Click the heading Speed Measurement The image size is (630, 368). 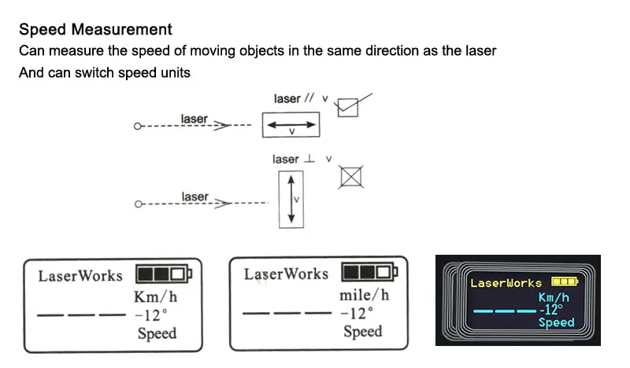(x=95, y=30)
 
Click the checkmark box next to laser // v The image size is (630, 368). (x=347, y=107)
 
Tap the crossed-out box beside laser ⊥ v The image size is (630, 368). (x=351, y=177)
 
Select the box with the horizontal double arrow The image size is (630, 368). (x=291, y=126)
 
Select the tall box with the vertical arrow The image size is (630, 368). (x=291, y=200)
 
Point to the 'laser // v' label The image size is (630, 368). (x=300, y=99)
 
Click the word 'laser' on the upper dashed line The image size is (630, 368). (x=195, y=119)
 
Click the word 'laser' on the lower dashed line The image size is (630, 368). (x=195, y=197)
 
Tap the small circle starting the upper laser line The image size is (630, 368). (x=138, y=126)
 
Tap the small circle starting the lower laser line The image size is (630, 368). (x=138, y=204)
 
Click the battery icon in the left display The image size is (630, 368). (x=163, y=274)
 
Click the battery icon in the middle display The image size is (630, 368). (x=369, y=273)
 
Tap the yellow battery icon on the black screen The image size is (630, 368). (x=565, y=281)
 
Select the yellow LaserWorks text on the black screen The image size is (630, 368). (x=506, y=282)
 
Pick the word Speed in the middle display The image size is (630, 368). (x=363, y=331)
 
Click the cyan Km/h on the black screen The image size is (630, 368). (x=554, y=297)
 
